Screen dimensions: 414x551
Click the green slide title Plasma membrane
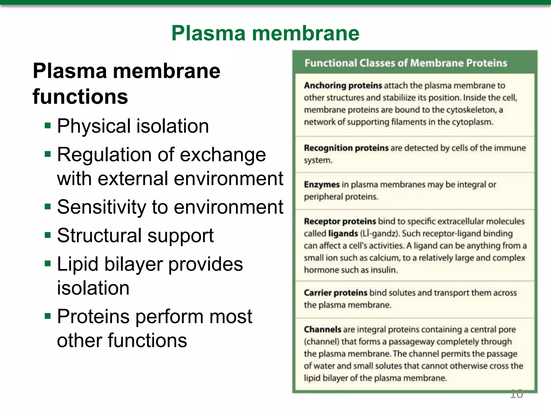tap(265, 33)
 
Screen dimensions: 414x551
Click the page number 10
tap(516, 394)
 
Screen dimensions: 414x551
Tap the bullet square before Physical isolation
tap(48, 126)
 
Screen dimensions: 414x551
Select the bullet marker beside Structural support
tap(48, 235)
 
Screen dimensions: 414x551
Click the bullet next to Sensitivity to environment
tap(48, 207)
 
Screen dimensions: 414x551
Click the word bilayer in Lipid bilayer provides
tap(133, 264)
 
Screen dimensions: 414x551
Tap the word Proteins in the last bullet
tap(93, 316)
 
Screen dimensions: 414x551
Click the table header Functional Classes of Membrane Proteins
tap(406, 63)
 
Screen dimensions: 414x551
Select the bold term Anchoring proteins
tap(343, 86)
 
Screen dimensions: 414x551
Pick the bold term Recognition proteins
tap(346, 148)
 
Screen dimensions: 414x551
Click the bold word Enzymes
tap(322, 185)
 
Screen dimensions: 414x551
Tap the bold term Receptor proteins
tap(340, 221)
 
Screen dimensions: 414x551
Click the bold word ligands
tap(343, 233)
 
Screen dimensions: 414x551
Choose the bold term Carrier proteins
tap(335, 293)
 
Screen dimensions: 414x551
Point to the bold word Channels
tap(323, 329)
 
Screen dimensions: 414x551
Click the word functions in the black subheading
tap(80, 97)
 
